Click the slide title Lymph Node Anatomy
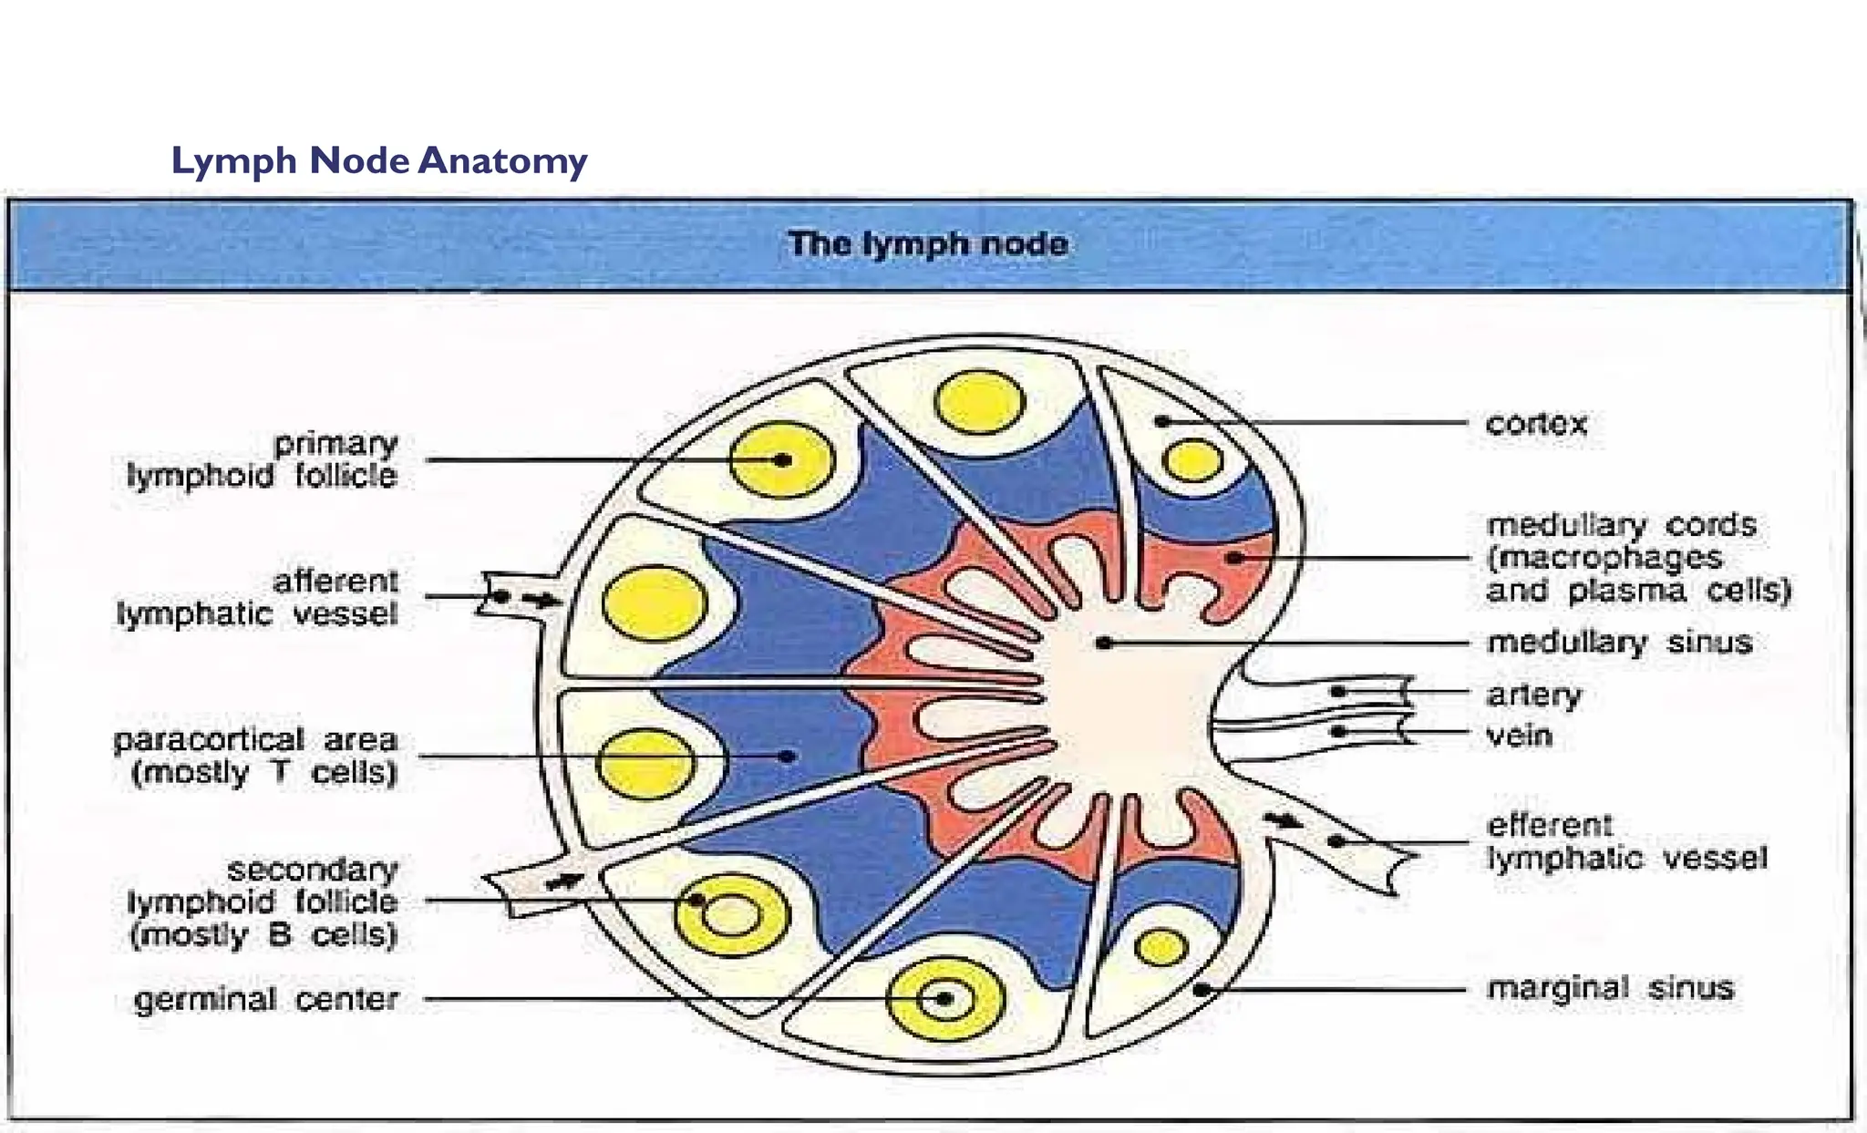(379, 161)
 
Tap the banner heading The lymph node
(927, 244)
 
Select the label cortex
(1536, 424)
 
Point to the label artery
(1534, 695)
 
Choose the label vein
(1519, 735)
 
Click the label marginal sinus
(1609, 988)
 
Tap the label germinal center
(266, 999)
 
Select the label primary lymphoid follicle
(263, 459)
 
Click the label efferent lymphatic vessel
(1626, 841)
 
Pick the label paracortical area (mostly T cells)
(255, 756)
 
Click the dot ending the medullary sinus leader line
(1103, 643)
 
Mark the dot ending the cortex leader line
(1162, 421)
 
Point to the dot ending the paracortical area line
(788, 756)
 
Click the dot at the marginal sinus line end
(1202, 989)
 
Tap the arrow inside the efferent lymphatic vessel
(1285, 821)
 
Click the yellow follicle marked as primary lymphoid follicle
(782, 460)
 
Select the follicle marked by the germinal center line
(944, 999)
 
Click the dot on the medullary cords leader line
(1234, 557)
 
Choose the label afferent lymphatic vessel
(258, 597)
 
